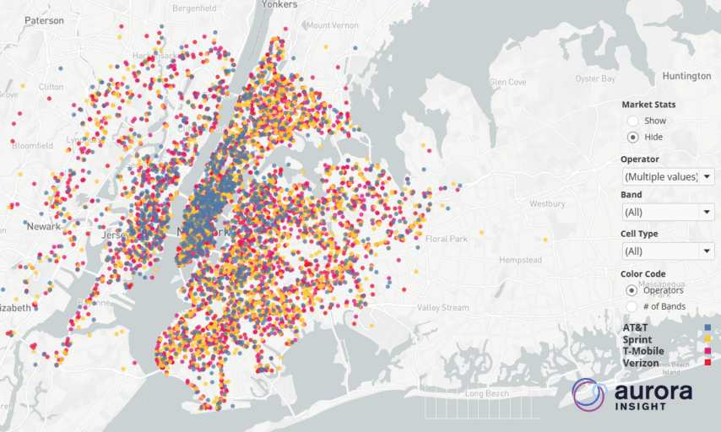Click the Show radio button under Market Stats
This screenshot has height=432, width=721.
pos(632,121)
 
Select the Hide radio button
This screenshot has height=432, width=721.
pos(632,137)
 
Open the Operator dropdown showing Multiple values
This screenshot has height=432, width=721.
pos(667,176)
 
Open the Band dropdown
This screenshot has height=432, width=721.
pos(667,212)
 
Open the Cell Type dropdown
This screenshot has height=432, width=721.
pos(667,251)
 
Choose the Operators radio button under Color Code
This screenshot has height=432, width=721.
pos(632,290)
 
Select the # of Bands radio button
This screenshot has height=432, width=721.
pos(632,306)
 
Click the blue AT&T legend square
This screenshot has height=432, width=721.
pos(707,327)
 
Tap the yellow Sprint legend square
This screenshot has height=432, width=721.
pos(707,339)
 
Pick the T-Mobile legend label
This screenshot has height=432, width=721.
pos(643,351)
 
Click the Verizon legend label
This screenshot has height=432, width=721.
pos(641,363)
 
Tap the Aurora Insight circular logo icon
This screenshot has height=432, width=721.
pos(588,394)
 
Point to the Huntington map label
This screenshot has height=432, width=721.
pos(686,76)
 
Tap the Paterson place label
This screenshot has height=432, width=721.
pos(44,20)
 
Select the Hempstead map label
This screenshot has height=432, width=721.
pos(520,261)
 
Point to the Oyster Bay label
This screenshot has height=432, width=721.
pos(595,78)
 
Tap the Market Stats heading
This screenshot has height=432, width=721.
pos(648,105)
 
